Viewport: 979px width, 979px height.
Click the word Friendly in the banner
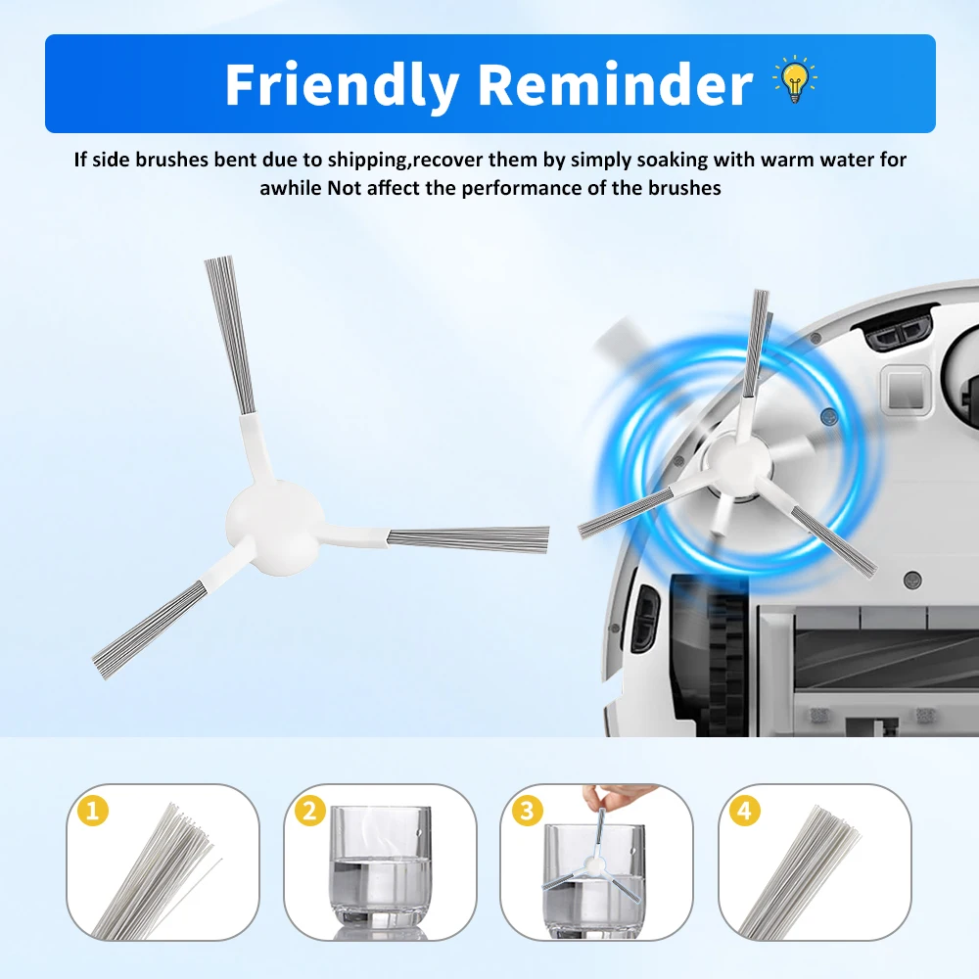tap(342, 85)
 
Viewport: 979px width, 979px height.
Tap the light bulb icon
tap(794, 79)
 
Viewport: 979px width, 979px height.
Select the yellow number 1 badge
tap(93, 811)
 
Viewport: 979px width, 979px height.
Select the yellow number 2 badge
tap(309, 811)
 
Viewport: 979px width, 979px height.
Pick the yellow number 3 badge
tap(527, 811)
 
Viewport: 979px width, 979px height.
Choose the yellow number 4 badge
tap(744, 811)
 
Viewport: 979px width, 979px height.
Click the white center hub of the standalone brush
tap(275, 528)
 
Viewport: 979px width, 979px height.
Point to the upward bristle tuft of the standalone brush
tap(229, 335)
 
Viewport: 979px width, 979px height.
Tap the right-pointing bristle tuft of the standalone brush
tap(468, 539)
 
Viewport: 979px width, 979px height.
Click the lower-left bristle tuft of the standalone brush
tap(150, 629)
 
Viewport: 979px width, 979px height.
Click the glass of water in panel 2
tap(380, 868)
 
